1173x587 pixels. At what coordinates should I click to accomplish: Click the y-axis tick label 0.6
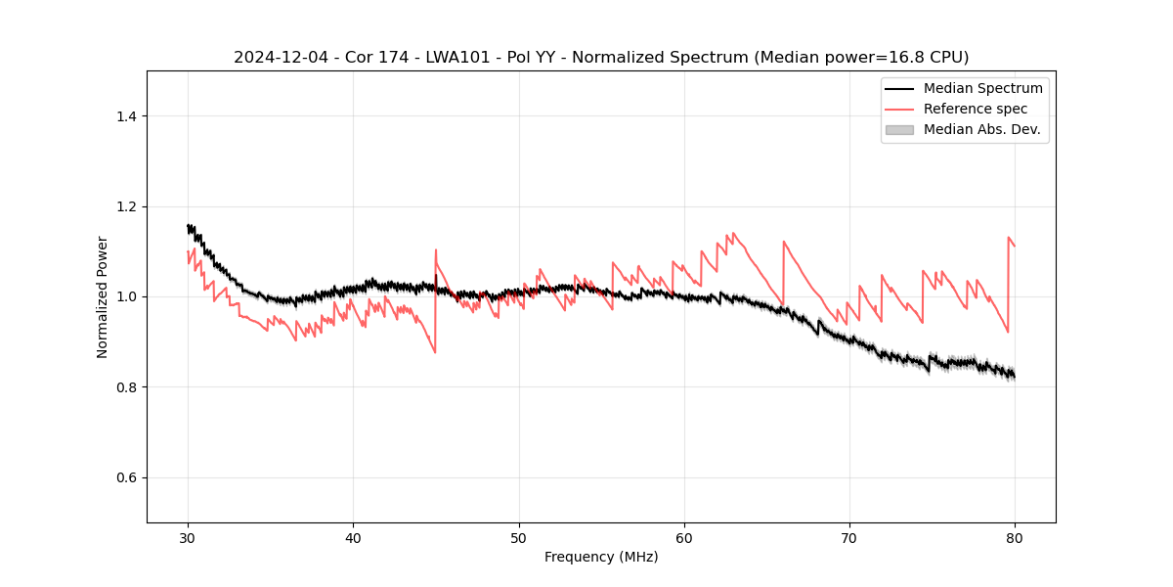[x=126, y=477]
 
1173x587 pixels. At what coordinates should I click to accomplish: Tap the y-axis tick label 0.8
[x=126, y=387]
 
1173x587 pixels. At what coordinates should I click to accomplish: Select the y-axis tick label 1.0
[x=126, y=296]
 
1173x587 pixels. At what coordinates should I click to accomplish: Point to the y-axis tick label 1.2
[x=126, y=206]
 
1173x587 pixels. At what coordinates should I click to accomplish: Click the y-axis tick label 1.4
[x=126, y=116]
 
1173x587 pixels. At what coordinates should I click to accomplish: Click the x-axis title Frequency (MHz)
[x=601, y=557]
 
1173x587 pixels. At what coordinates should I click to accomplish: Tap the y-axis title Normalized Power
[x=103, y=296]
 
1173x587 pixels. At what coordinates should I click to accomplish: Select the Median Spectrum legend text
[x=982, y=88]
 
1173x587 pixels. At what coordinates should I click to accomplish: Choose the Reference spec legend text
[x=976, y=109]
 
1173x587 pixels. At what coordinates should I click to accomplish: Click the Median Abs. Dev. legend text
[x=982, y=129]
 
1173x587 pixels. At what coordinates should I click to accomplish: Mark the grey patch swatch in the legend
[x=899, y=129]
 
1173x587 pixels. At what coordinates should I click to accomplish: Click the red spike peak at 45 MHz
[x=436, y=249]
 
